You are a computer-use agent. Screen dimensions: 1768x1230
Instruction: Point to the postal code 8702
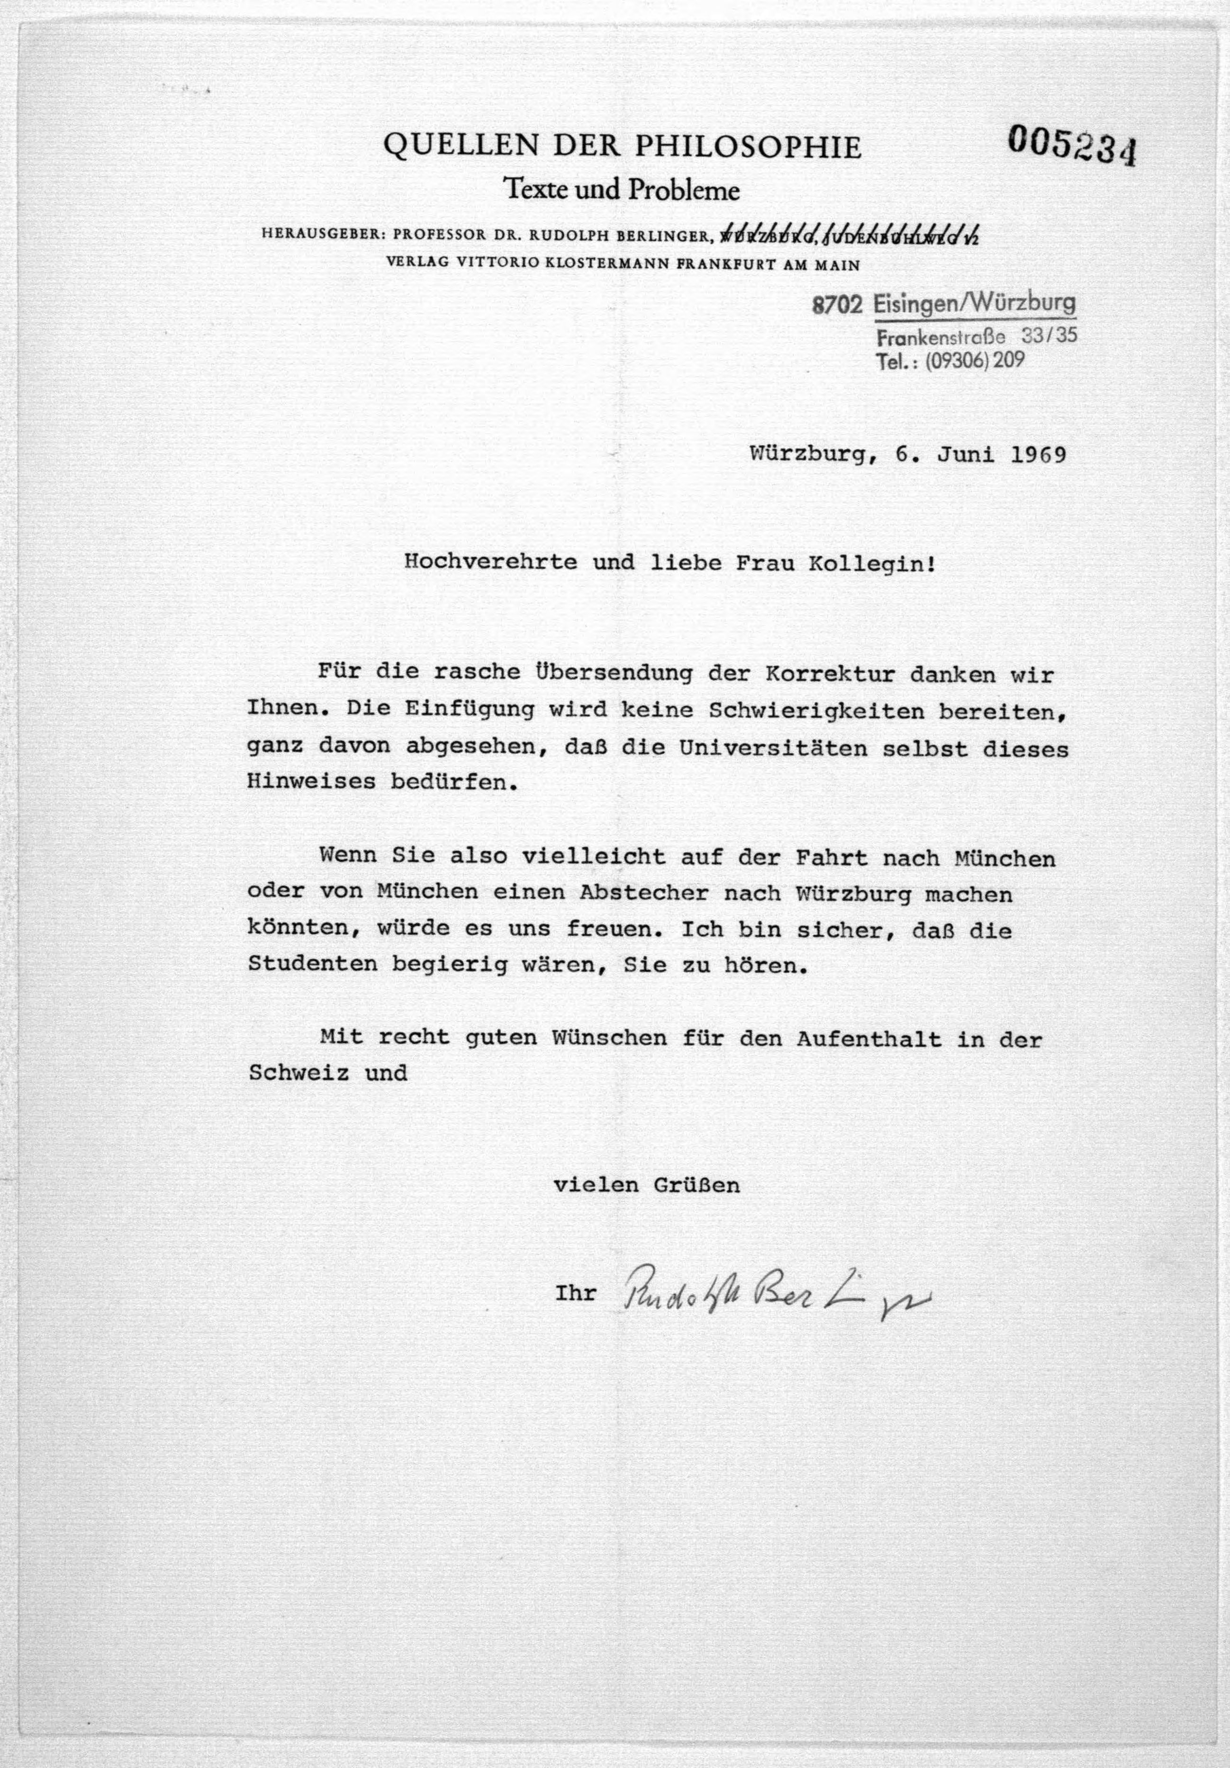point(837,306)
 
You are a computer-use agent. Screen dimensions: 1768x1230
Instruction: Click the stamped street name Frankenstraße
point(941,337)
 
